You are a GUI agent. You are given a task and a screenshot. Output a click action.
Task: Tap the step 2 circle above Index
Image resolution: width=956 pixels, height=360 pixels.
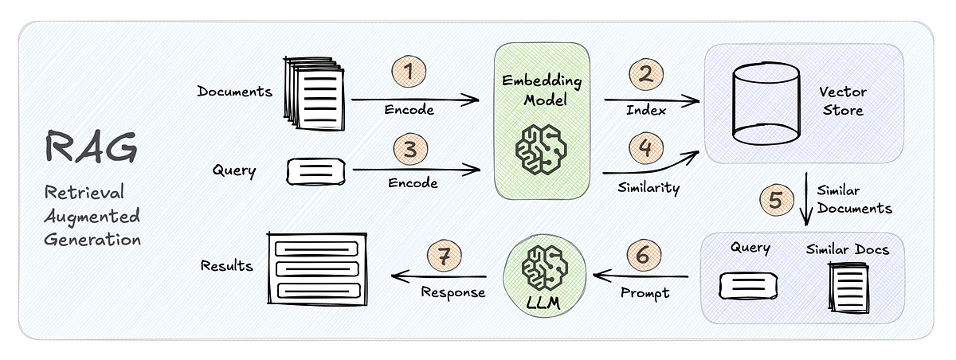pos(646,74)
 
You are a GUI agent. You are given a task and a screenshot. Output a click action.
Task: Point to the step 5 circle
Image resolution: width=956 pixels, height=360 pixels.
pos(774,198)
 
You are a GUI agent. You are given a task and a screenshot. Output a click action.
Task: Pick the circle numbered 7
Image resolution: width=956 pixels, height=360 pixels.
pos(443,256)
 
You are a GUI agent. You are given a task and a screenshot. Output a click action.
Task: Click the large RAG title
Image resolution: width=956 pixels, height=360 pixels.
pos(91,149)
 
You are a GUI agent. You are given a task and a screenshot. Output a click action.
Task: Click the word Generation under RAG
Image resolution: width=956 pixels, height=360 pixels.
pos(93,238)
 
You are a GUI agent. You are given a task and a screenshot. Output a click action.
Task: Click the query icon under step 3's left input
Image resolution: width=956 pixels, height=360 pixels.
pos(316,170)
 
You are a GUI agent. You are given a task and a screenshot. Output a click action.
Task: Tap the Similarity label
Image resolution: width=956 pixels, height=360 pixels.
pos(648,188)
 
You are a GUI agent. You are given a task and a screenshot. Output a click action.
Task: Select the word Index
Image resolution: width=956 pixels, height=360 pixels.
pos(646,111)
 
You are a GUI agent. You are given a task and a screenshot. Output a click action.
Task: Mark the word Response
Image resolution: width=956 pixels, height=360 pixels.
pos(453,292)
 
